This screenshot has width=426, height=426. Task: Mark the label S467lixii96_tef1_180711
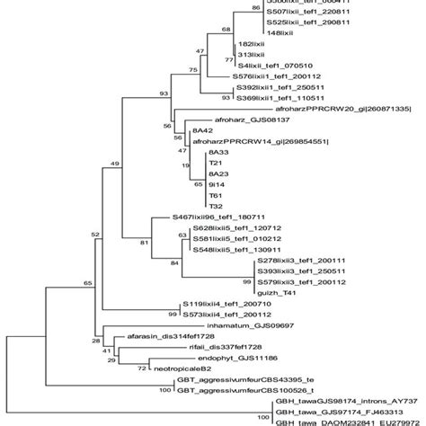(x=225, y=217)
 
